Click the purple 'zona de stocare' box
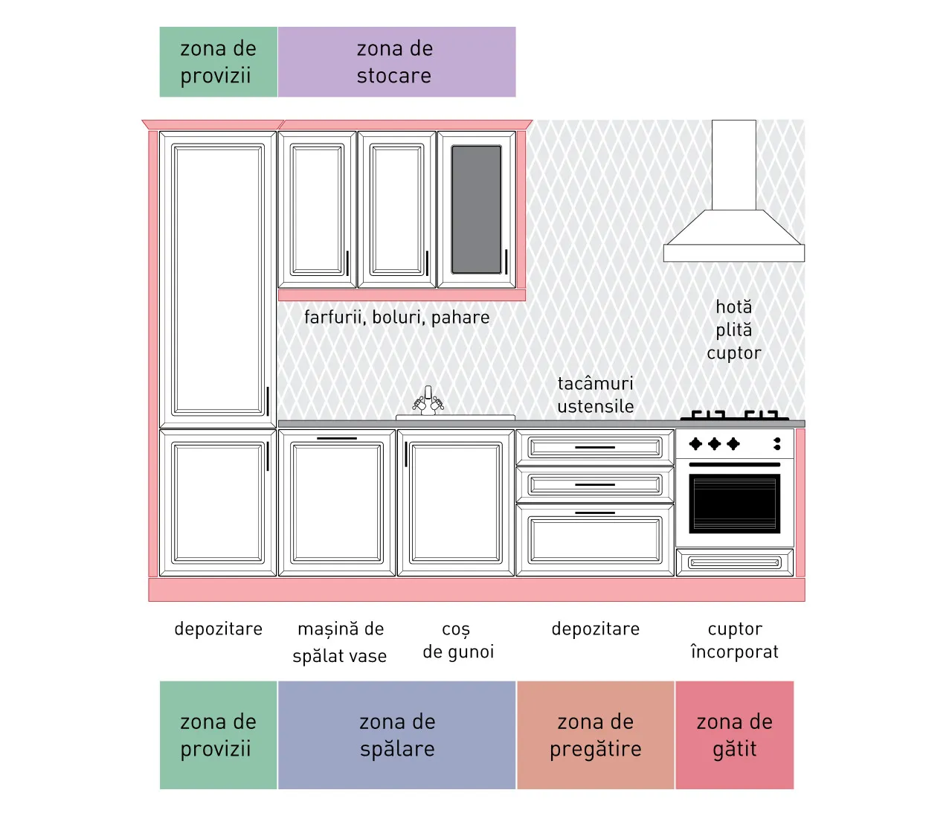[x=396, y=62]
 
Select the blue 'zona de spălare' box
[x=396, y=735]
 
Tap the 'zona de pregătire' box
[x=596, y=735]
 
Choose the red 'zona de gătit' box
[x=735, y=735]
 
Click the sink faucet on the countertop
[x=428, y=401]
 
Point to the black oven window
[x=735, y=504]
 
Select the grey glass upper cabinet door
[x=476, y=210]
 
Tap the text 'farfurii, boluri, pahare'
[x=396, y=318]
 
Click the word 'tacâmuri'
[x=596, y=383]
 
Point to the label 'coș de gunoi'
[x=458, y=640]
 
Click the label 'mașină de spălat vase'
[x=340, y=642]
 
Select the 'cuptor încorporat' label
[x=735, y=640]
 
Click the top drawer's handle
[x=595, y=447]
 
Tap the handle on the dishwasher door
[x=337, y=438]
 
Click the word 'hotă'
[x=733, y=307]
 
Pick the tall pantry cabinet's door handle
[x=268, y=401]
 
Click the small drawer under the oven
[x=735, y=562]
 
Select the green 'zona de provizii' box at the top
[x=219, y=62]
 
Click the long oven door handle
[x=735, y=464]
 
